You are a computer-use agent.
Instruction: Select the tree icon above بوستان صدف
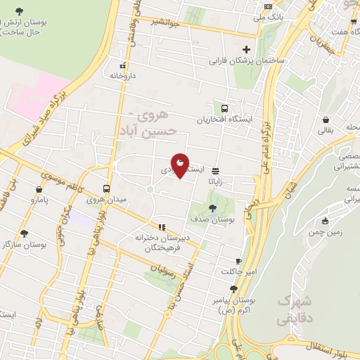(213, 207)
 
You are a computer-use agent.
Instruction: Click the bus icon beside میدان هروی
(106, 188)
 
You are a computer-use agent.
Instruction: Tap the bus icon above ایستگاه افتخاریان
(224, 108)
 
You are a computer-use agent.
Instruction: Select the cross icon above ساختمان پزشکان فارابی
(246, 49)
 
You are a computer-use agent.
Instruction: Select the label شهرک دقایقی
(295, 308)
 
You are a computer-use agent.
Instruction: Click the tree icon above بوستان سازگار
(25, 233)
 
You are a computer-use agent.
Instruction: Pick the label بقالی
(327, 130)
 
